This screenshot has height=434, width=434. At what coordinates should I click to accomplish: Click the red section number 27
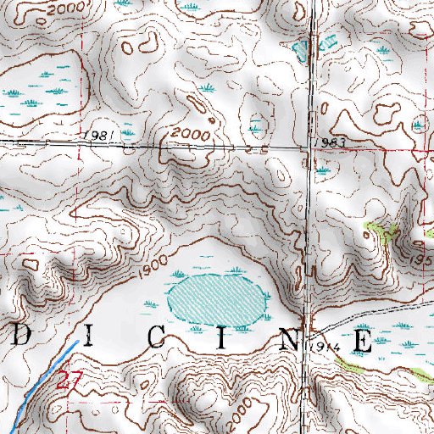tap(67, 383)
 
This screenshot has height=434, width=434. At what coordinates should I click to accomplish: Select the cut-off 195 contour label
tap(423, 256)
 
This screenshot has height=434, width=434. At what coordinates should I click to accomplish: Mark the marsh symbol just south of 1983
tap(323, 170)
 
